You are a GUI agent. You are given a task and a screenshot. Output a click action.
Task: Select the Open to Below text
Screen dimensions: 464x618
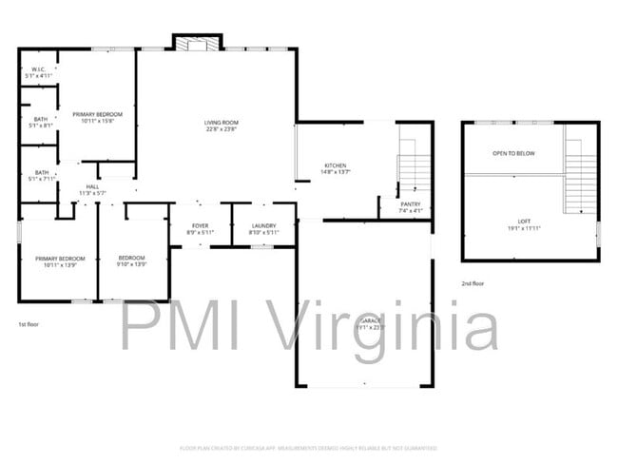coord(512,153)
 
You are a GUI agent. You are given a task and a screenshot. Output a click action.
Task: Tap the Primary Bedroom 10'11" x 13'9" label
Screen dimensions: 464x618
coord(60,261)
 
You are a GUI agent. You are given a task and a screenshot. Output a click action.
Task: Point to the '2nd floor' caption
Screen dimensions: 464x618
coord(473,282)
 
